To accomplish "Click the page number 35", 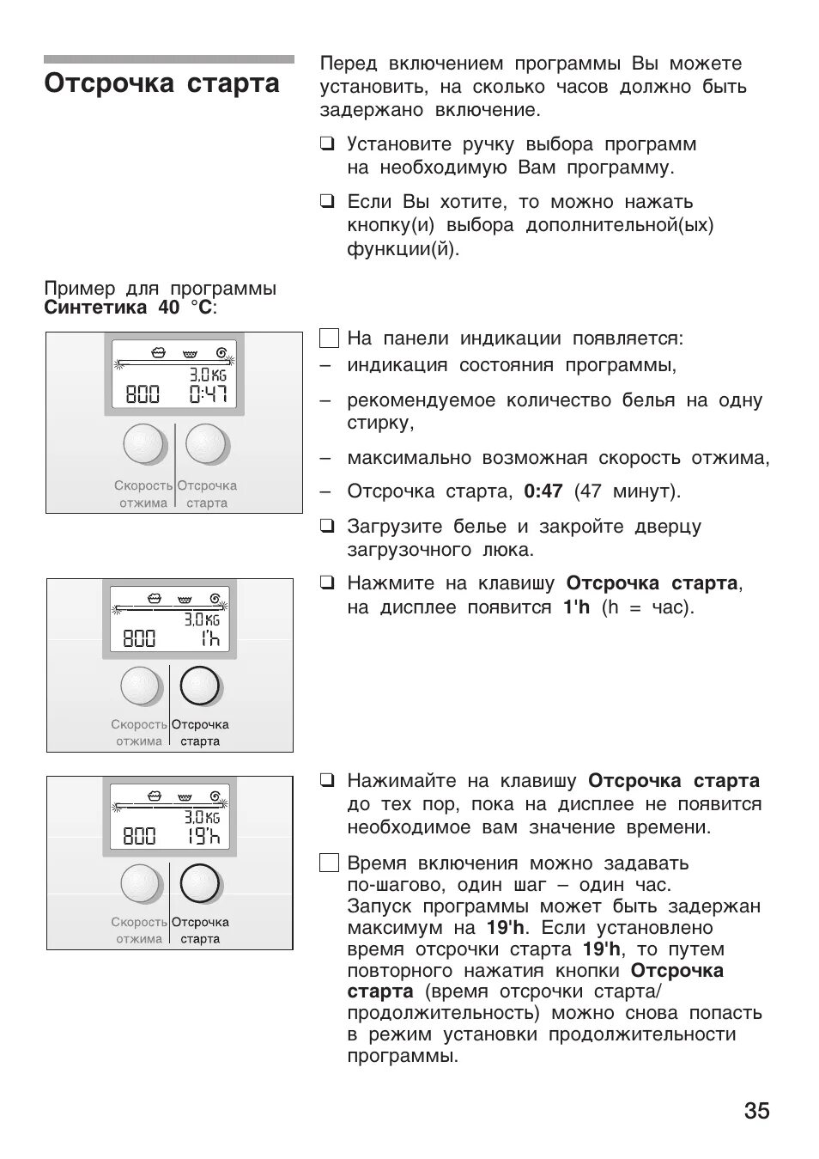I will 756,1111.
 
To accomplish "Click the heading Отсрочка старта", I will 162,84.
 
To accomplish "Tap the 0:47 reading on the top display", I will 208,394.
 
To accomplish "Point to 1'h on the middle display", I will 209,638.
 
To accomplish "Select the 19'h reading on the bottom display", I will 203,835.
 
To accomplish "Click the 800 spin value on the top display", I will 143,394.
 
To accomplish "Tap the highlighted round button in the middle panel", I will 200,686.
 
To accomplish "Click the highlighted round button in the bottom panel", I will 200,884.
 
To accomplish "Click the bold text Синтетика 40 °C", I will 130,308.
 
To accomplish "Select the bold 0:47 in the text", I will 543,491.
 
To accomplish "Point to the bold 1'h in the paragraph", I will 576,607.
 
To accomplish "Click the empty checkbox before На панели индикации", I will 329,339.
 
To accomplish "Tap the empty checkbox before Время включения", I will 329,863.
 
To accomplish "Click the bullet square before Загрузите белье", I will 326,526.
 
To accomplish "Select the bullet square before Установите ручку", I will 326,144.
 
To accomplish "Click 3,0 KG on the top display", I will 208,375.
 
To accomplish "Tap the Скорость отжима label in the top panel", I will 143,494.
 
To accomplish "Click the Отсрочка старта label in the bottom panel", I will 200,930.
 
